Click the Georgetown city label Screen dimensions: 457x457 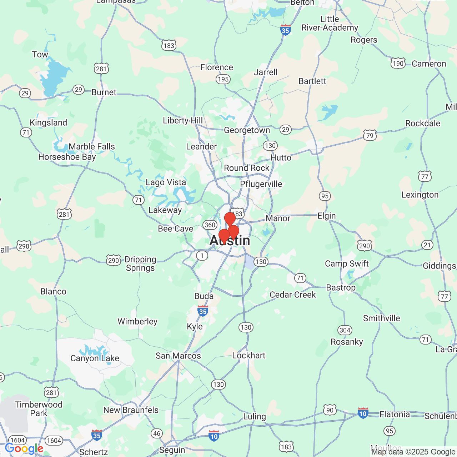coord(247,130)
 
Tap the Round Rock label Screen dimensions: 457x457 coord(246,168)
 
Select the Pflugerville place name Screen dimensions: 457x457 coord(261,184)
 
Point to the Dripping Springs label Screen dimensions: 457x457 coord(140,263)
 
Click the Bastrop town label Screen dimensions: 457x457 coord(341,288)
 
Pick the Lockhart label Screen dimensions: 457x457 coord(248,356)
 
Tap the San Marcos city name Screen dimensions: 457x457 coord(178,356)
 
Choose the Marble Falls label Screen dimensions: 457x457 coord(92,147)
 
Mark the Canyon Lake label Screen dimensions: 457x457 coord(95,358)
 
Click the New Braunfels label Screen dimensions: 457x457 coord(131,410)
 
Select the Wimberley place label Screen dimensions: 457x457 coord(137,322)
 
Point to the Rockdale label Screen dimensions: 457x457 coord(423,124)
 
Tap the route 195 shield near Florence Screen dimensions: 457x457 coord(223,79)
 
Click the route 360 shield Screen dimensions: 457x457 coord(210,225)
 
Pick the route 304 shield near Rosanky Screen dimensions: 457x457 coord(345,330)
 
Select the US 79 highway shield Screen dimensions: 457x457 coord(370,135)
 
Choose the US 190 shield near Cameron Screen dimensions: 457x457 coord(398,64)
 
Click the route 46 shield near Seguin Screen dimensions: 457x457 coord(157,433)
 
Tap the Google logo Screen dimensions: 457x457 coord(24,449)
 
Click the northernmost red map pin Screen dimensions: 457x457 coord(230,218)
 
